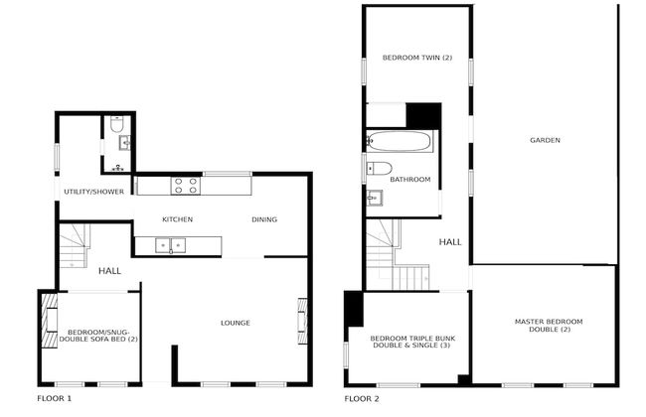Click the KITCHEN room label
pyautogui.click(x=177, y=219)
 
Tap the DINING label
pyautogui.click(x=264, y=219)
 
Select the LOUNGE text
pyautogui.click(x=235, y=323)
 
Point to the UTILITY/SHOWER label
pyautogui.click(x=93, y=192)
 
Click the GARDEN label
pyautogui.click(x=544, y=140)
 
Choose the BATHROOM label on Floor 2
pyautogui.click(x=409, y=180)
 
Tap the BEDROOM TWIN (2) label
pyautogui.click(x=416, y=58)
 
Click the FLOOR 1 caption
pyautogui.click(x=54, y=399)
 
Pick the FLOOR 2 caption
pyautogui.click(x=362, y=399)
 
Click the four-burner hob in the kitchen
pyautogui.click(x=185, y=185)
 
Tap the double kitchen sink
pyautogui.click(x=172, y=244)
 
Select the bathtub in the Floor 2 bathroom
pyautogui.click(x=401, y=141)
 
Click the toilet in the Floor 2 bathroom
pyautogui.click(x=381, y=168)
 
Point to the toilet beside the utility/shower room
pyautogui.click(x=117, y=126)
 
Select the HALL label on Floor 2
pyautogui.click(x=450, y=241)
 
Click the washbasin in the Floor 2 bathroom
pyautogui.click(x=374, y=197)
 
